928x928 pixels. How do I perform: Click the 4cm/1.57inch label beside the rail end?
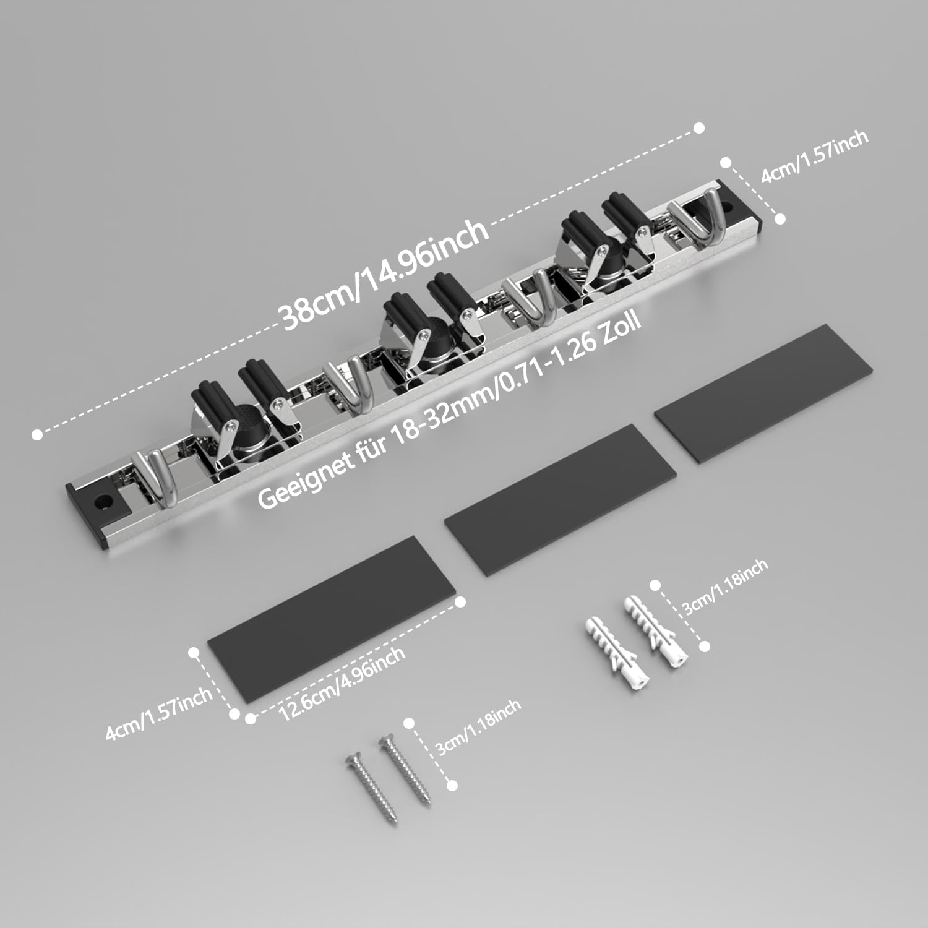(814, 157)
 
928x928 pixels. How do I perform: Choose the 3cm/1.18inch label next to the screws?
(479, 728)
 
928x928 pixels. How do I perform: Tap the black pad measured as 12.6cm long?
(335, 619)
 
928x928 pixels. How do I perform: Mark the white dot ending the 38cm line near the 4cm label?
(699, 128)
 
